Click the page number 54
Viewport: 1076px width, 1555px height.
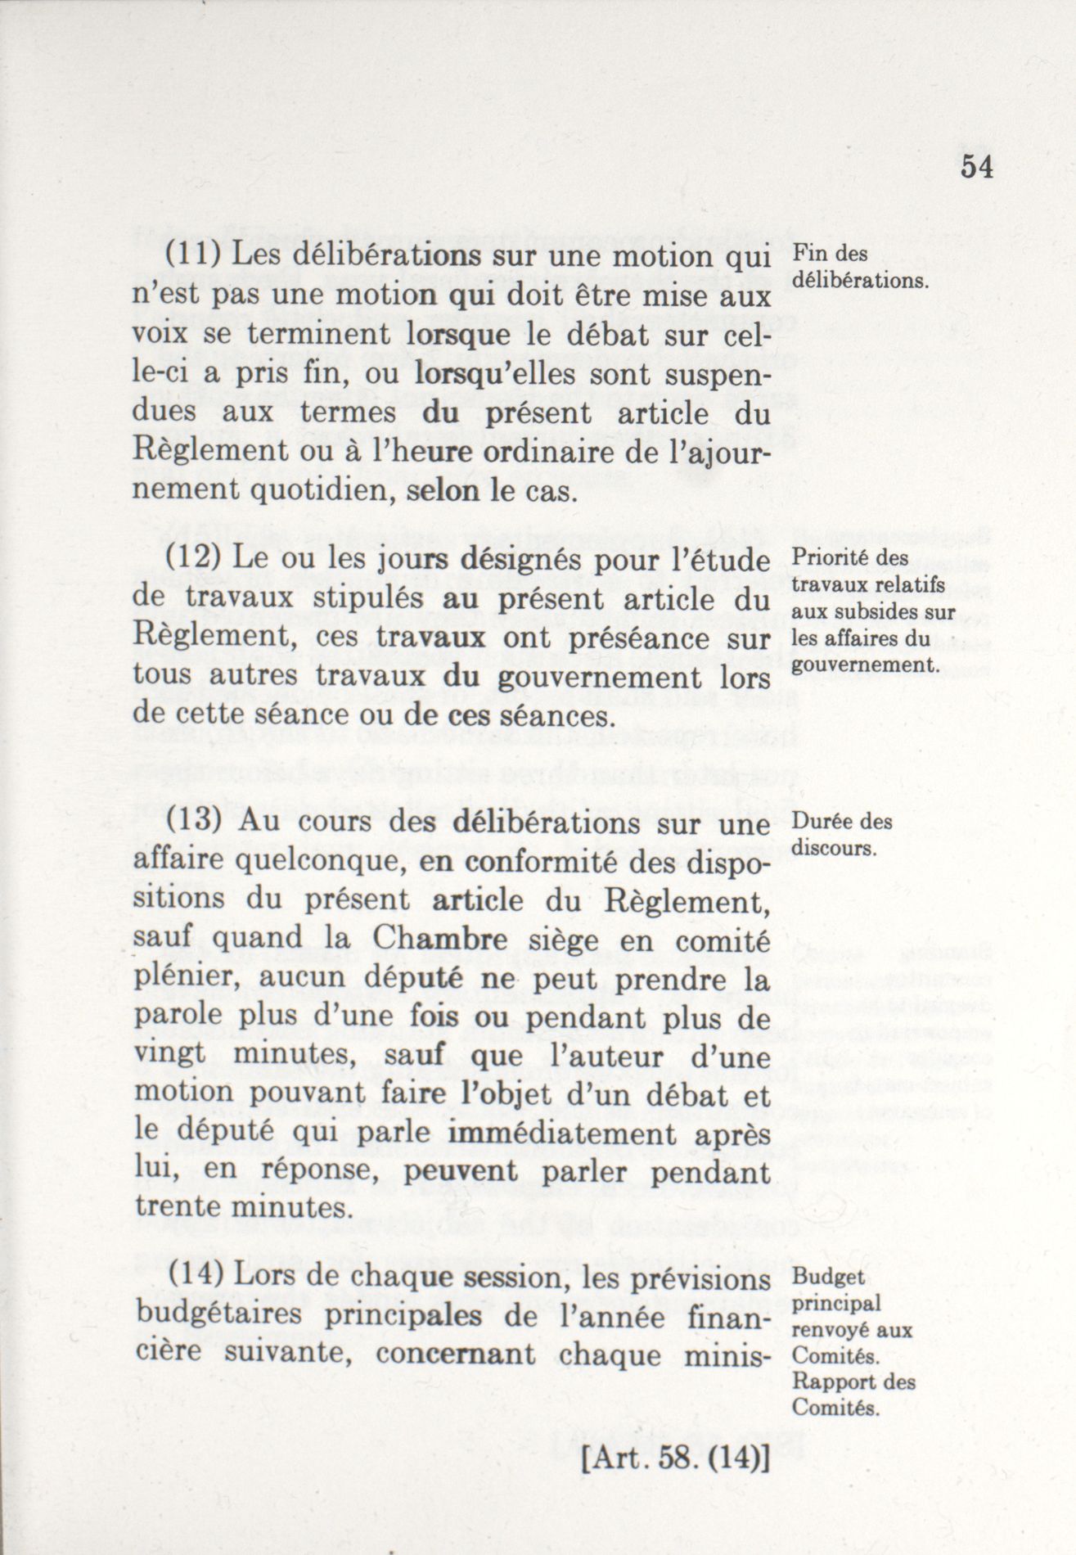(x=976, y=166)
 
